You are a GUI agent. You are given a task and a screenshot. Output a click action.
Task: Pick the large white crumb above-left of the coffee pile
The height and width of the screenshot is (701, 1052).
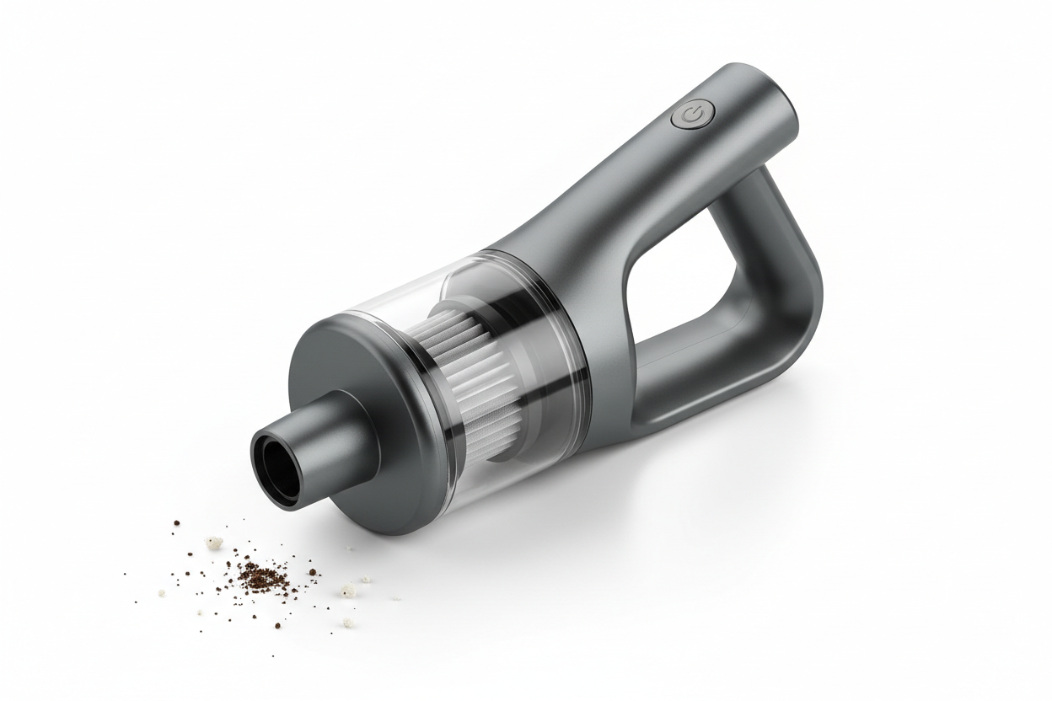click(215, 543)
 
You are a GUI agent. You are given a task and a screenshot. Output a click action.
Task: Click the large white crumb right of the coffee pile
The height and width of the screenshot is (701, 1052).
click(347, 591)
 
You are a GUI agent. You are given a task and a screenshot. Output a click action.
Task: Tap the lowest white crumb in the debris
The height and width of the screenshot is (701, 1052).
click(347, 623)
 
